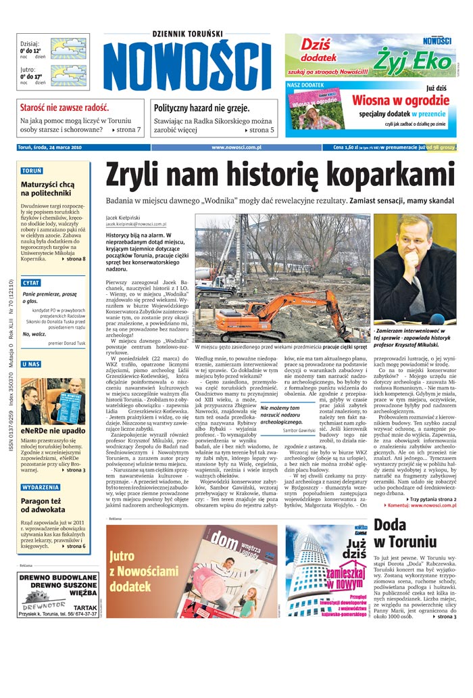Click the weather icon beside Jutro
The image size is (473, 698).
[x=68, y=75]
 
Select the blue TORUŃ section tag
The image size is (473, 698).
[x=31, y=171]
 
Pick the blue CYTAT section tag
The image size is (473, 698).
[x=31, y=281]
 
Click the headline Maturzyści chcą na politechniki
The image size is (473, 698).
[x=47, y=188]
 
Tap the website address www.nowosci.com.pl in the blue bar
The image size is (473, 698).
[x=241, y=147]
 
